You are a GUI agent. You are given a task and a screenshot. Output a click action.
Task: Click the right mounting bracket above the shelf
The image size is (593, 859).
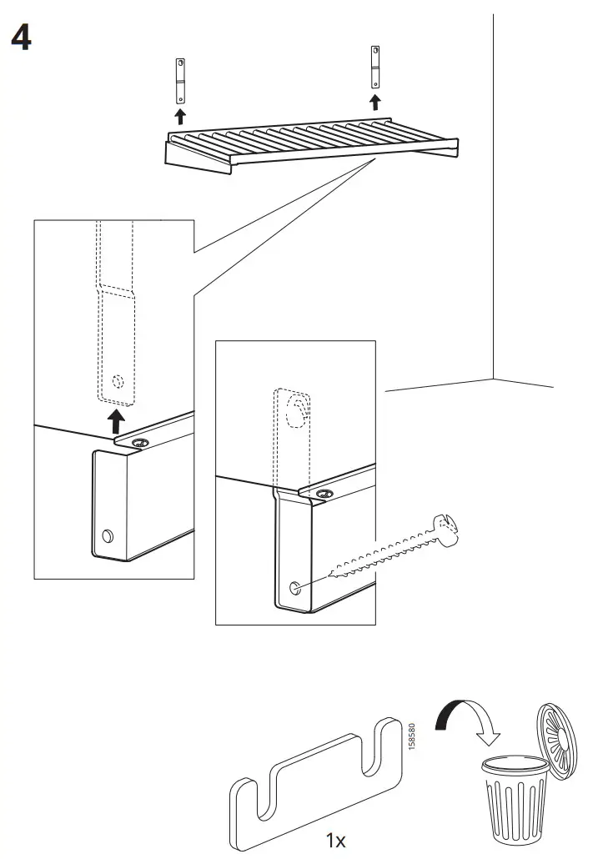375,68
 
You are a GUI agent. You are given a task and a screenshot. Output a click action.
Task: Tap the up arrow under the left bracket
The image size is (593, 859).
178,115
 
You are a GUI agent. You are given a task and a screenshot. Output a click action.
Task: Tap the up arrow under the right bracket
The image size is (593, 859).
375,102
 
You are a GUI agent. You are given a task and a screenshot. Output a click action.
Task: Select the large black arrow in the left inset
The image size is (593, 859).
118,420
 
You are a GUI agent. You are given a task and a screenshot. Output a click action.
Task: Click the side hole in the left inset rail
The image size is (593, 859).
106,535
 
